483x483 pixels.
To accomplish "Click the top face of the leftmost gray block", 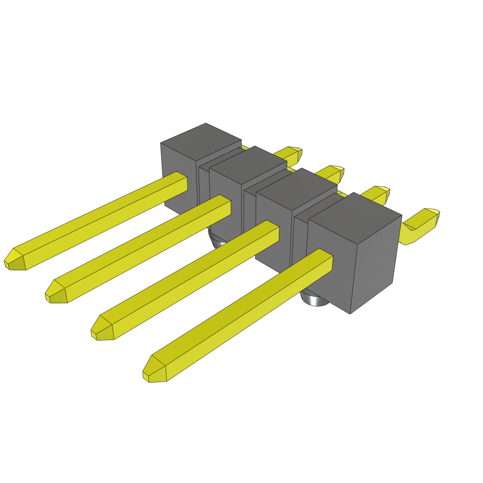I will pos(201,141).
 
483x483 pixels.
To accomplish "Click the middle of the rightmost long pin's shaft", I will pos(241,316).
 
